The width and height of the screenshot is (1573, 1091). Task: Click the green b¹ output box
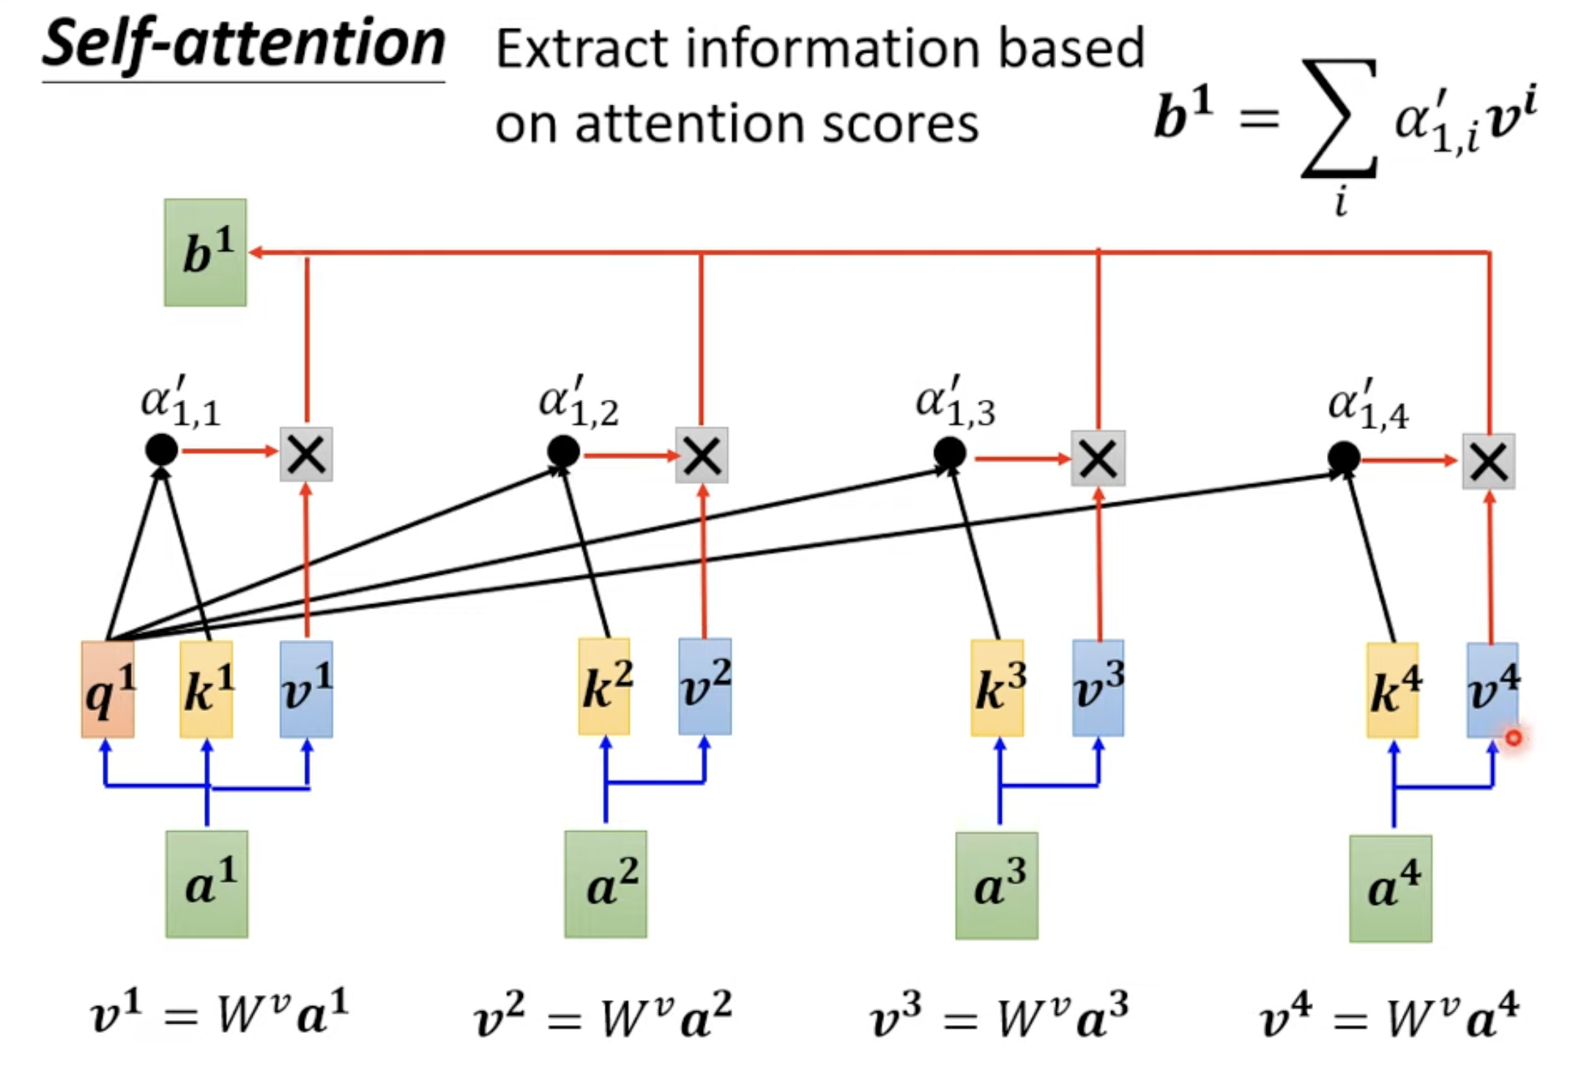pyautogui.click(x=205, y=253)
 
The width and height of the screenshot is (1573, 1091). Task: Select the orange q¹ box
pyautogui.click(x=108, y=689)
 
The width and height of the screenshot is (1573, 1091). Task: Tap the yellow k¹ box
pyautogui.click(x=207, y=689)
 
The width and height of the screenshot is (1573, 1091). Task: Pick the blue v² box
pyautogui.click(x=704, y=686)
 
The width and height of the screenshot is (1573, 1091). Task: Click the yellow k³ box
pyautogui.click(x=997, y=688)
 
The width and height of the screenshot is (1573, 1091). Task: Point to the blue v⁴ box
pyautogui.click(x=1492, y=690)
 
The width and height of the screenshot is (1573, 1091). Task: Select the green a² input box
pyautogui.click(x=606, y=884)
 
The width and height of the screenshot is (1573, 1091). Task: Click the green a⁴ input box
pyautogui.click(x=1391, y=888)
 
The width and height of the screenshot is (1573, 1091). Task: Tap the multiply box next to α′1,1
pyautogui.click(x=306, y=454)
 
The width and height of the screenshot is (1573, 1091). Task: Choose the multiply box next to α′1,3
pyautogui.click(x=1098, y=458)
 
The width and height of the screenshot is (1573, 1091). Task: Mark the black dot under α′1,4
pyautogui.click(x=1344, y=458)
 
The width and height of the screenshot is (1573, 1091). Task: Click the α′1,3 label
pyautogui.click(x=955, y=401)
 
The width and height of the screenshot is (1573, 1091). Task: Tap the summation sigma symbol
pyautogui.click(x=1339, y=118)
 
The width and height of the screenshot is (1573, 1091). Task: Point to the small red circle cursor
pyautogui.click(x=1514, y=738)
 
